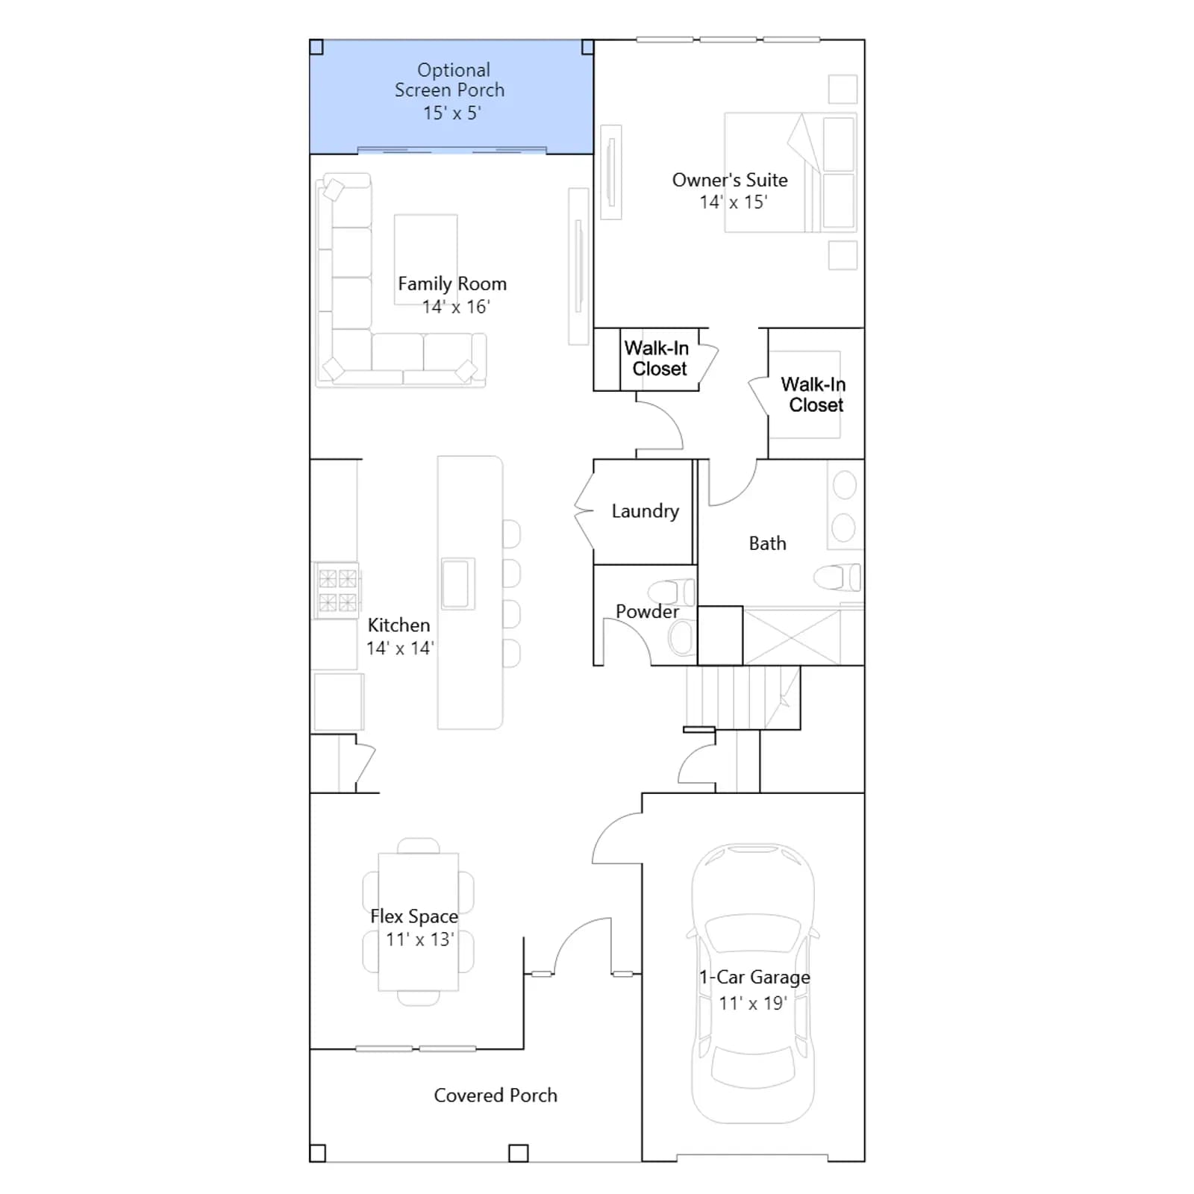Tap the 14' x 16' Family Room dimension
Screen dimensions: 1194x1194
tap(456, 307)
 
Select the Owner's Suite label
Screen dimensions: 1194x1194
tap(730, 180)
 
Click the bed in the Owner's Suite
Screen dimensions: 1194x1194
tap(790, 173)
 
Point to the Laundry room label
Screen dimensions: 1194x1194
tap(646, 511)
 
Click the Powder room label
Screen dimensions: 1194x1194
tap(647, 611)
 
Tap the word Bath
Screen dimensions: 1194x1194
tap(767, 543)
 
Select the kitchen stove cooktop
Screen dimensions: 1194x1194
tap(337, 590)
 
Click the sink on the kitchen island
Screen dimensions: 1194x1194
tap(457, 583)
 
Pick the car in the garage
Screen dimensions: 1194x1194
tap(753, 984)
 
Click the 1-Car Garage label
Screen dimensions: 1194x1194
tap(754, 977)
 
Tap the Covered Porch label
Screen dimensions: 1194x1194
tap(496, 1095)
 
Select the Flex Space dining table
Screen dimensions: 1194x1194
tap(419, 922)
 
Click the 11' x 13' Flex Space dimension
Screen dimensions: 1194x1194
tap(419, 940)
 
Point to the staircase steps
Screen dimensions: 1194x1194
tap(743, 698)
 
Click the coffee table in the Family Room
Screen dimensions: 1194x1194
tap(425, 259)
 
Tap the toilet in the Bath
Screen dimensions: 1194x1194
tap(837, 577)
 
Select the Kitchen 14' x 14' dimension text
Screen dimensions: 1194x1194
tap(400, 648)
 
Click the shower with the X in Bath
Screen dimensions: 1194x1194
tap(792, 637)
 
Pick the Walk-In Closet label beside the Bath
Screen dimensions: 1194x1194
tap(814, 395)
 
